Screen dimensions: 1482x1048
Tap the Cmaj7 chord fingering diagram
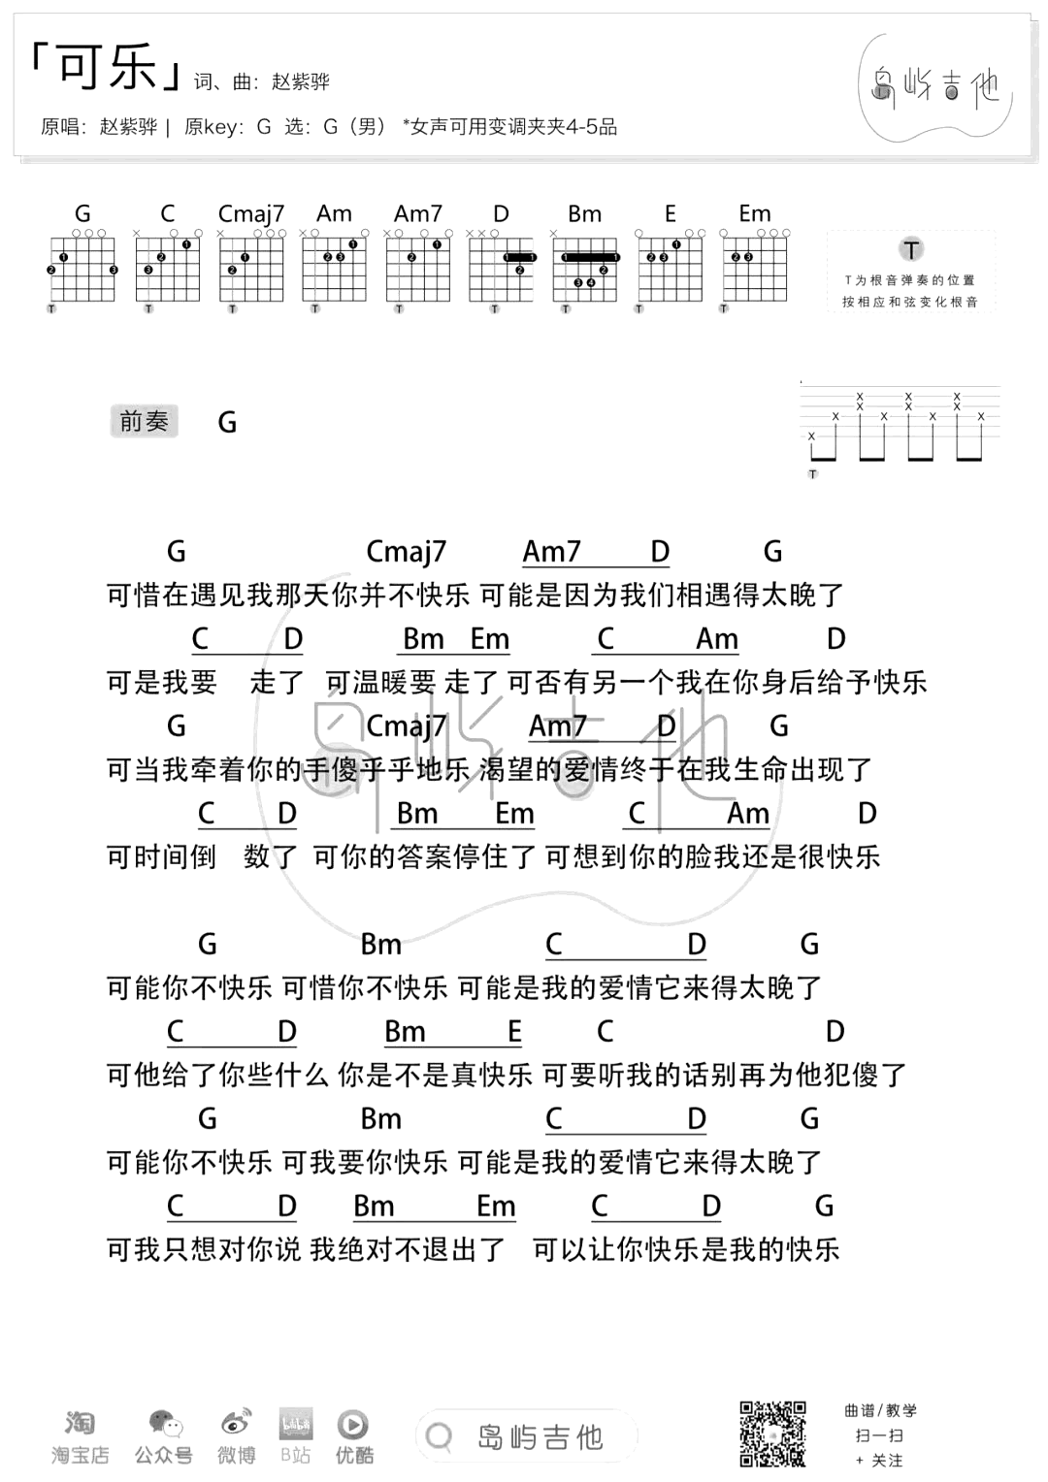pyautogui.click(x=251, y=266)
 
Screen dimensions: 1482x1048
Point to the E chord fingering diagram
pyautogui.click(x=670, y=266)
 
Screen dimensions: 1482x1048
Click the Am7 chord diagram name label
pyautogui.click(x=418, y=213)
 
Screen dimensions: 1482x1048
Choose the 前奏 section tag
pyautogui.click(x=144, y=421)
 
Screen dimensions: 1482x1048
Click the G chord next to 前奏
pyautogui.click(x=227, y=423)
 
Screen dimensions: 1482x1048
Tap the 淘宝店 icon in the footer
pyautogui.click(x=80, y=1423)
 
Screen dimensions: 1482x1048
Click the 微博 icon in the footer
pyautogui.click(x=236, y=1423)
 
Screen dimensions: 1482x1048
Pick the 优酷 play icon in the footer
pyautogui.click(x=352, y=1423)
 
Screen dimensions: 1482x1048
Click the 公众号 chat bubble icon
pyautogui.click(x=165, y=1423)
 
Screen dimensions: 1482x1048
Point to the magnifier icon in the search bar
pyautogui.click(x=440, y=1436)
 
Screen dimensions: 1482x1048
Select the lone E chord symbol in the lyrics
pyautogui.click(x=514, y=1031)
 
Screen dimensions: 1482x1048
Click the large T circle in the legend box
pyautogui.click(x=910, y=249)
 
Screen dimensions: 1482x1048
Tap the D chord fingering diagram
pyautogui.click(x=502, y=266)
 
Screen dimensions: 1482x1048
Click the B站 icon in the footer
pyautogui.click(x=295, y=1423)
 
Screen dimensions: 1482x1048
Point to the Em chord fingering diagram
pyautogui.click(x=754, y=266)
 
